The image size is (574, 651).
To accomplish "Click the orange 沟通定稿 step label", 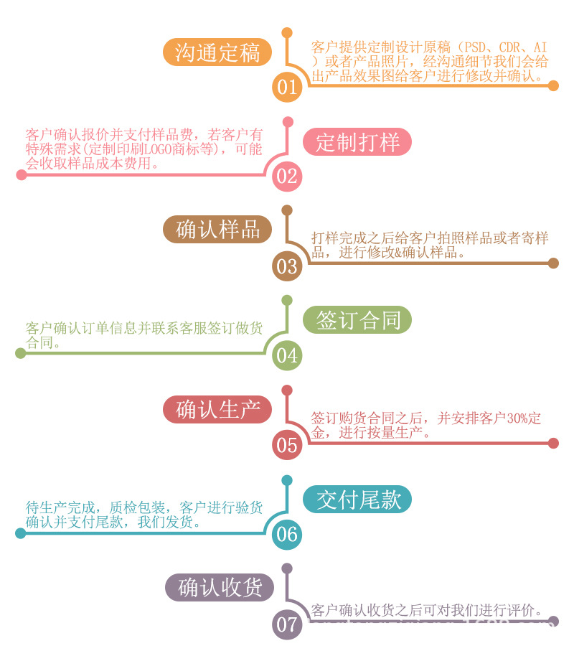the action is (217, 52).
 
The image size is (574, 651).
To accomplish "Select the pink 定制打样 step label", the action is (357, 141).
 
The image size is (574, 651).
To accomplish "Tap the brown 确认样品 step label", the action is (217, 230).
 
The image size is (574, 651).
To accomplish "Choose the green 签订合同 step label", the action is (357, 320).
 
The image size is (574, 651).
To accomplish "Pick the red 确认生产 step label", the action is (217, 409).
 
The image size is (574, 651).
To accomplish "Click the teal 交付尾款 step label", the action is (357, 499).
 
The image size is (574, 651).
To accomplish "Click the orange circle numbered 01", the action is (287, 88).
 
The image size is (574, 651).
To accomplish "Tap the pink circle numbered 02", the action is (287, 177).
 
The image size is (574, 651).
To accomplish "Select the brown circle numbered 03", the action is (287, 266).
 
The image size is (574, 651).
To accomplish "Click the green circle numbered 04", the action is (287, 355).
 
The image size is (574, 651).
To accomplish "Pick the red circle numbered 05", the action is (287, 445).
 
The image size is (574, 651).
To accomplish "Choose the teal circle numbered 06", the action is (287, 534).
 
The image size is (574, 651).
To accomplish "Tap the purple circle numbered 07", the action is (287, 624).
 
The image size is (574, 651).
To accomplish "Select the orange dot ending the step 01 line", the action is (553, 85).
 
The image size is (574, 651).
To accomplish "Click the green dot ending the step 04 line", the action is (20, 353).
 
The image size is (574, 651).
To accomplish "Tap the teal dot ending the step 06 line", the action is (20, 533).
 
